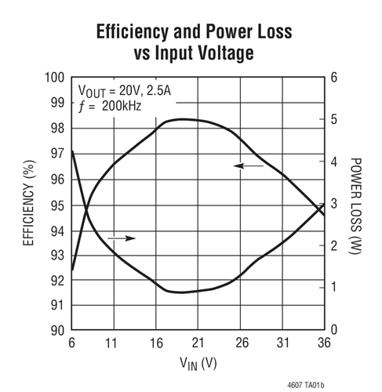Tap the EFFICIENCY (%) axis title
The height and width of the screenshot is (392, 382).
pyautogui.click(x=29, y=204)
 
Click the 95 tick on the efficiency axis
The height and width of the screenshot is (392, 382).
pyautogui.click(x=56, y=205)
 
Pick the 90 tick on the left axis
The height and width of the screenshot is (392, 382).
pyautogui.click(x=56, y=331)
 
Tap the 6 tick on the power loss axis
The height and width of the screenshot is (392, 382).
pyautogui.click(x=333, y=78)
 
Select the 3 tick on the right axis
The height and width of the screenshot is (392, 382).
pyautogui.click(x=333, y=204)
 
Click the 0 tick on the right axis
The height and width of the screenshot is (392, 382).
pyautogui.click(x=333, y=331)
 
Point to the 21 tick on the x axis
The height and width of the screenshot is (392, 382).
pyautogui.click(x=198, y=343)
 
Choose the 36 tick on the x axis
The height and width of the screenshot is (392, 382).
pyautogui.click(x=322, y=343)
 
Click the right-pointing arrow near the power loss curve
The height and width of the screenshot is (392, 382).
pyautogui.click(x=122, y=238)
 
